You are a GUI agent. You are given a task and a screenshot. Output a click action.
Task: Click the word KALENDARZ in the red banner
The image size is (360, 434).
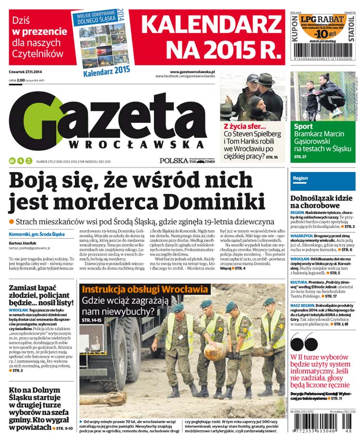[x=211, y=24]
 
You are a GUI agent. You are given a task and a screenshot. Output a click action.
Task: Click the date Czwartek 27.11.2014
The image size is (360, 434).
[x=26, y=73]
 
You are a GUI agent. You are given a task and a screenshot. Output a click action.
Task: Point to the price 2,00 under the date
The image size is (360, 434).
[x=21, y=81]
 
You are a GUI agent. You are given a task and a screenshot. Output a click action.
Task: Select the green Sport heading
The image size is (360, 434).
[x=303, y=126]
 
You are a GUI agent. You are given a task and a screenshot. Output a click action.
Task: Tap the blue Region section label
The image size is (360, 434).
[x=300, y=178]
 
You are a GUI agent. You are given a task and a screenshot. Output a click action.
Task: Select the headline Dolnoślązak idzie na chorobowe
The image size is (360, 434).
[x=322, y=201]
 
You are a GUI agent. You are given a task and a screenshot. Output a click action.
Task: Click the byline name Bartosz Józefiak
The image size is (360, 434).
[x=22, y=242]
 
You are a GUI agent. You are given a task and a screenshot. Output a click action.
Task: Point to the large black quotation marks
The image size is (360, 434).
[x=304, y=343]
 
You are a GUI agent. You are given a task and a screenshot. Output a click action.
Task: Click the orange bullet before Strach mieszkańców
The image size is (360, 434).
[x=11, y=221]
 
